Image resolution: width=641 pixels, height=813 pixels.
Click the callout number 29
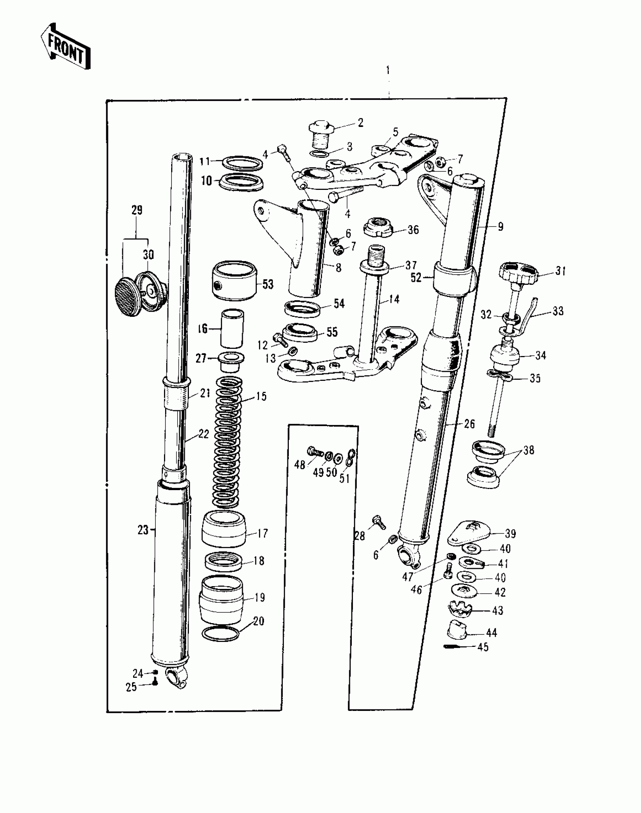click(137, 210)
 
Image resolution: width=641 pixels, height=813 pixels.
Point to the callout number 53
click(268, 284)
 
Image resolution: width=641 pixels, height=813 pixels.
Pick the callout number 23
click(143, 530)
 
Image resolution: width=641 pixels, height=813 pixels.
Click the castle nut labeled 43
click(461, 610)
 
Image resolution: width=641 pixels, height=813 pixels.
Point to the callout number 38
click(529, 451)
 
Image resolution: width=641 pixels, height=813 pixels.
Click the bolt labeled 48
click(314, 451)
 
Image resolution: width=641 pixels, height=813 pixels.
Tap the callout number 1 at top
click(388, 70)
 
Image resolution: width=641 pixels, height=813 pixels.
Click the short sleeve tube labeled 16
click(232, 328)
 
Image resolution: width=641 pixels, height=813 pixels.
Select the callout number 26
click(469, 424)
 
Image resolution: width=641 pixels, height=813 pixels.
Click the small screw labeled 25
click(155, 683)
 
